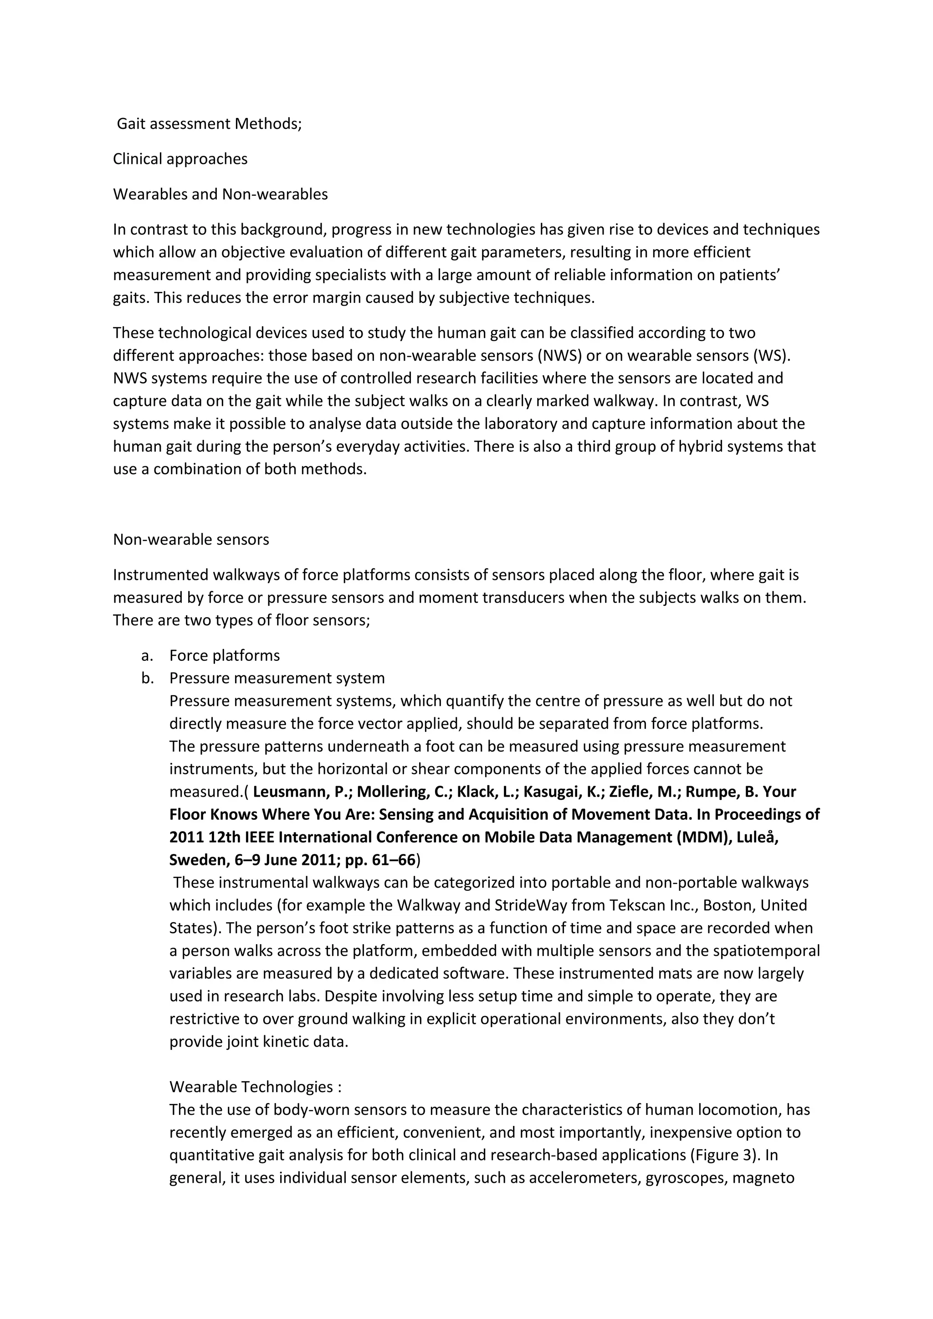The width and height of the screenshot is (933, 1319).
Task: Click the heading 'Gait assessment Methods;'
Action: pos(209,123)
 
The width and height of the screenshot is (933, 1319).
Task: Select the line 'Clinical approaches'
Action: pos(180,158)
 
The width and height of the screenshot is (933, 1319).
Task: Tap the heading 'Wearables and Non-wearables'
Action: pos(220,194)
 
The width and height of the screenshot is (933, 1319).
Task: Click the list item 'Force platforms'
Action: pos(224,655)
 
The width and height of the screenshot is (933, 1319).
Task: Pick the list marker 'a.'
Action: pos(148,655)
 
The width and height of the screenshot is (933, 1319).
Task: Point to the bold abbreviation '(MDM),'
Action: pos(704,837)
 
